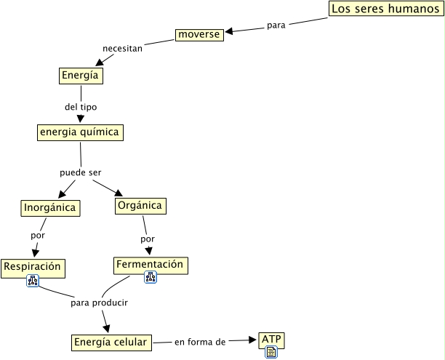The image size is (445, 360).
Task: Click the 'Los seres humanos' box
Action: coord(385,9)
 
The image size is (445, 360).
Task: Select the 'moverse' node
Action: coord(199,34)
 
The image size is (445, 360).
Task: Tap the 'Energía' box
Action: coord(79,75)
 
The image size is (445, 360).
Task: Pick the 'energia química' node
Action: coord(79,132)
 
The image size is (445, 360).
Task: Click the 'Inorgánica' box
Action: coord(49,208)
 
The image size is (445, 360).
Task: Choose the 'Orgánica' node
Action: coord(140,206)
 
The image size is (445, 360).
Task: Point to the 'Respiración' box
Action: coord(32,267)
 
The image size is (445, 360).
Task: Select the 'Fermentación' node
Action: coord(151,265)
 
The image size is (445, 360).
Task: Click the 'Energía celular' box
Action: coord(111,342)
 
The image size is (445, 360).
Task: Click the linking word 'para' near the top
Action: coord(276,24)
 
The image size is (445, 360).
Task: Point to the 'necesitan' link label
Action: coord(122,49)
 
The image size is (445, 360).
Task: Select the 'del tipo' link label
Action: coord(80,107)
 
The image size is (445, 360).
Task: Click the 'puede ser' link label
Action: coord(80,172)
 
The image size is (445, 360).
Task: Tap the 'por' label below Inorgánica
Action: coord(38,236)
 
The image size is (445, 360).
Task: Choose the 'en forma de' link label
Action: coord(200,341)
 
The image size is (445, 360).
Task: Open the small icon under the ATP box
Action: coord(270,352)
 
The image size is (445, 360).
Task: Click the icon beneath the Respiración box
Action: coord(32,281)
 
